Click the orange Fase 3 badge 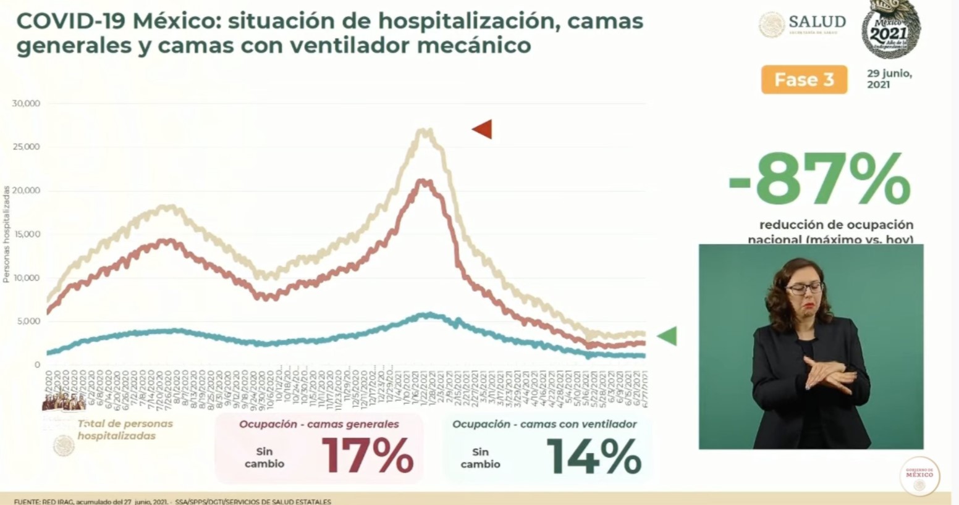tap(804, 80)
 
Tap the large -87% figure tap(819, 180)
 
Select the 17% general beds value tap(367, 456)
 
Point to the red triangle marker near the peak tap(482, 129)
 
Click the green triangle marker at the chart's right tap(667, 336)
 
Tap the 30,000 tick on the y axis tap(26, 103)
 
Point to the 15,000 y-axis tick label tap(26, 234)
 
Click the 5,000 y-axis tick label tap(28, 321)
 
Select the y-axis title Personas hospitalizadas tap(6, 235)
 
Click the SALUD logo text tap(817, 22)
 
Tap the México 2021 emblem tap(890, 30)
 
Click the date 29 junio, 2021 tap(889, 78)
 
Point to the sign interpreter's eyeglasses tap(804, 288)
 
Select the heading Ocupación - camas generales tap(319, 424)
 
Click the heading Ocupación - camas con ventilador tap(544, 424)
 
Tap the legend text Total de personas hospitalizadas tap(125, 430)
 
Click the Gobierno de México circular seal tap(919, 476)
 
